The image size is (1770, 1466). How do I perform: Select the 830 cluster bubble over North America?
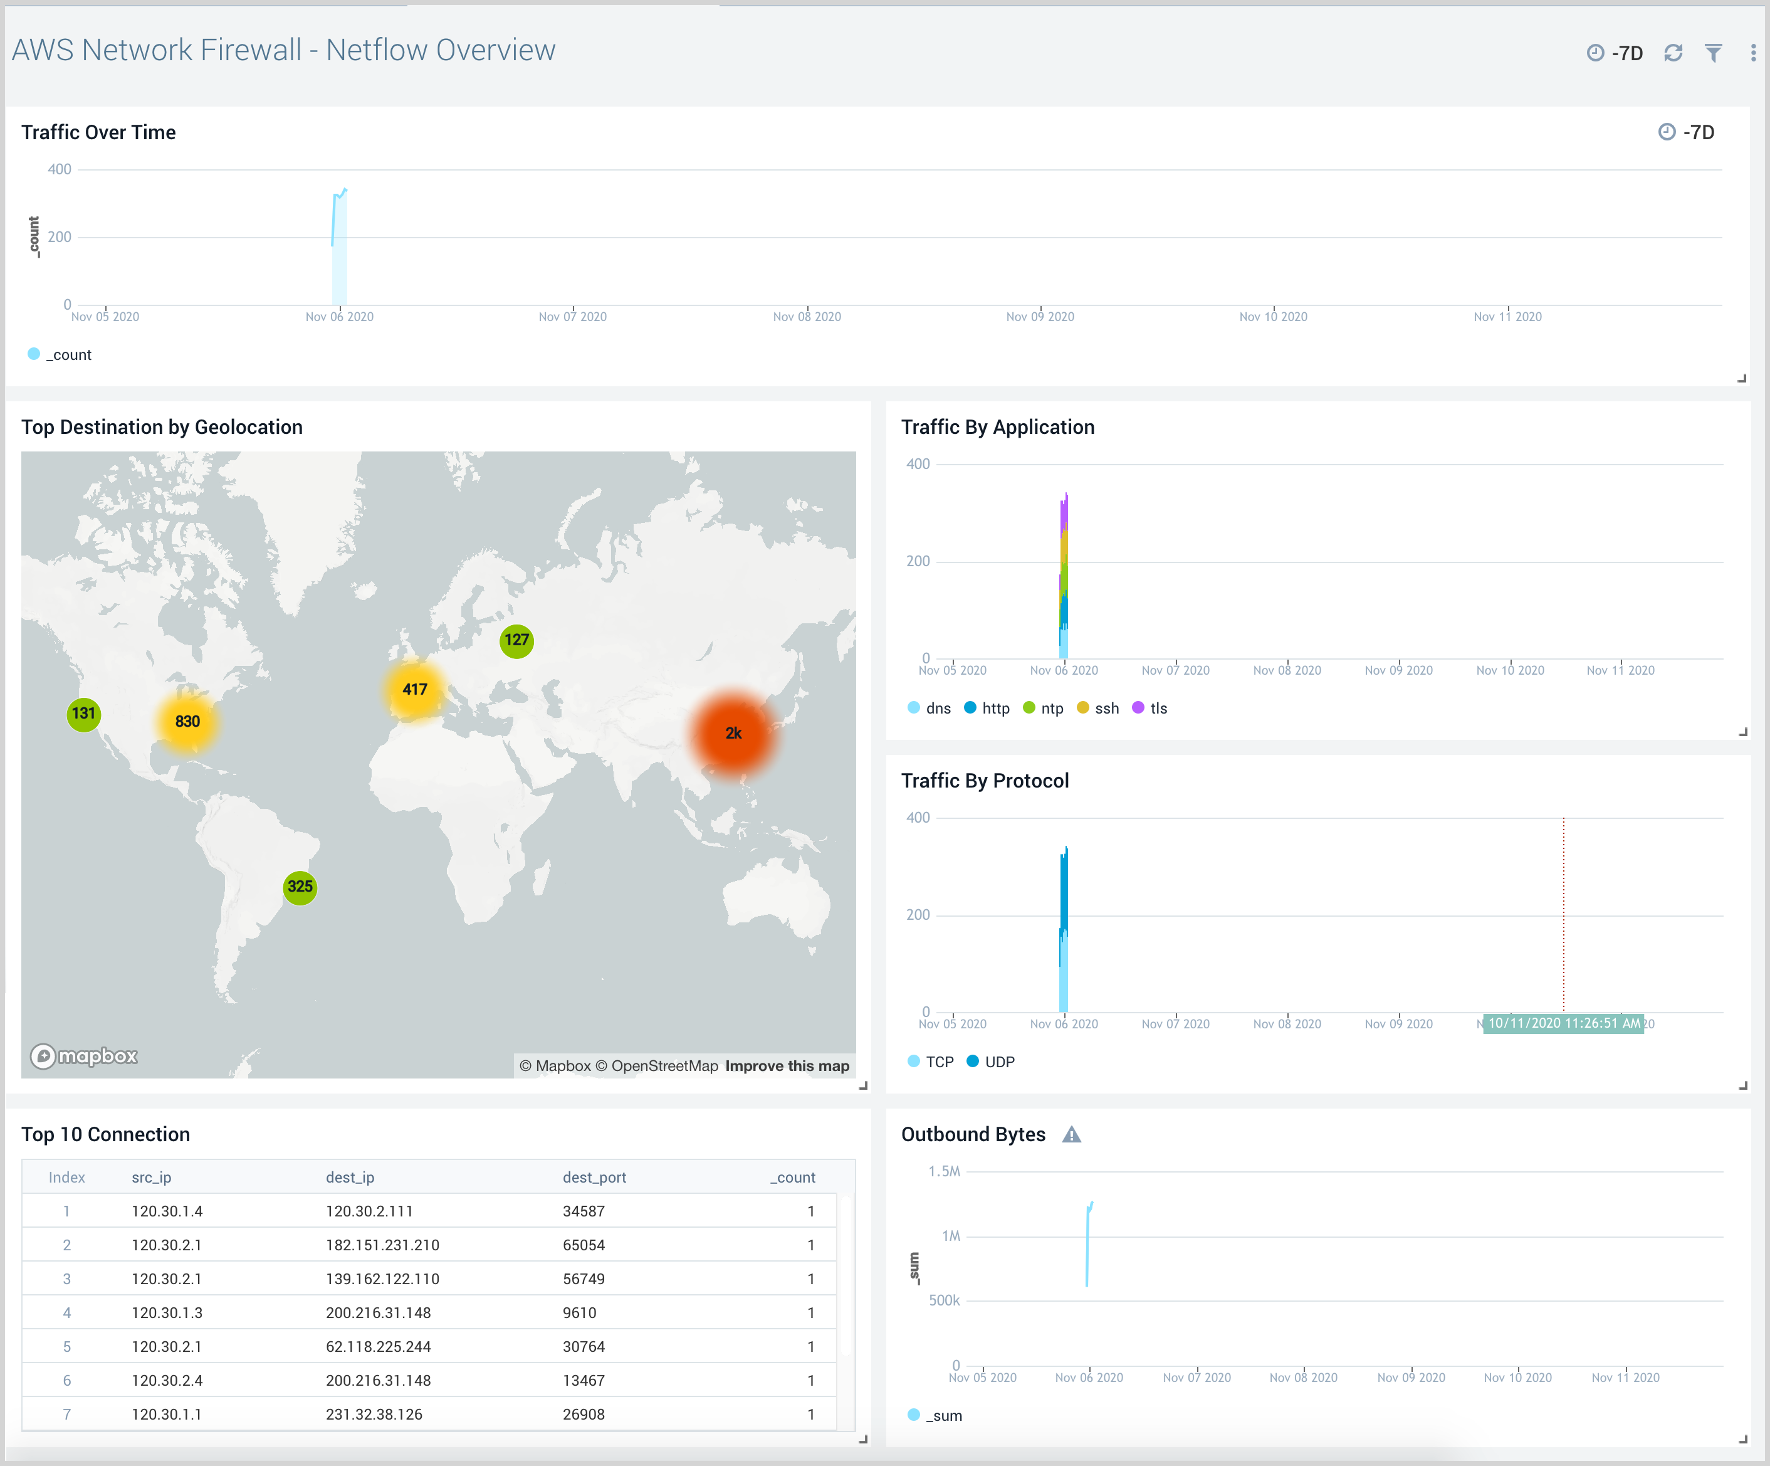point(187,722)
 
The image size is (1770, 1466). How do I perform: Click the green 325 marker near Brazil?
point(300,887)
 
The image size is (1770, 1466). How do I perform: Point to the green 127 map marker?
point(516,640)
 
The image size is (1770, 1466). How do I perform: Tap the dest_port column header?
point(594,1178)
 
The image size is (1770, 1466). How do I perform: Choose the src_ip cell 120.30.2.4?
point(167,1381)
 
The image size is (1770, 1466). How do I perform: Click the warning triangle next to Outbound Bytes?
point(1071,1135)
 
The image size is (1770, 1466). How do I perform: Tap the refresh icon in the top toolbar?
point(1673,53)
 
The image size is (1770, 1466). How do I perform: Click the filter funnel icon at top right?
point(1714,53)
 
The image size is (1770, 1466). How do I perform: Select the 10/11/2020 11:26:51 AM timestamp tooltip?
point(1564,1023)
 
